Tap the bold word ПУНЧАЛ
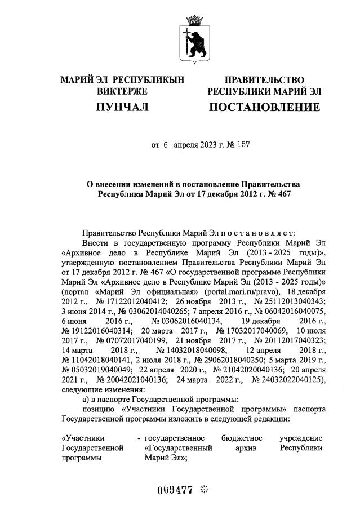122,107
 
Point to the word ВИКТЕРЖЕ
122,91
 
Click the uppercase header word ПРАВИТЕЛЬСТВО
264,80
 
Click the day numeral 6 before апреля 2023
166,145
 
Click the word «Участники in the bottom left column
83,437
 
